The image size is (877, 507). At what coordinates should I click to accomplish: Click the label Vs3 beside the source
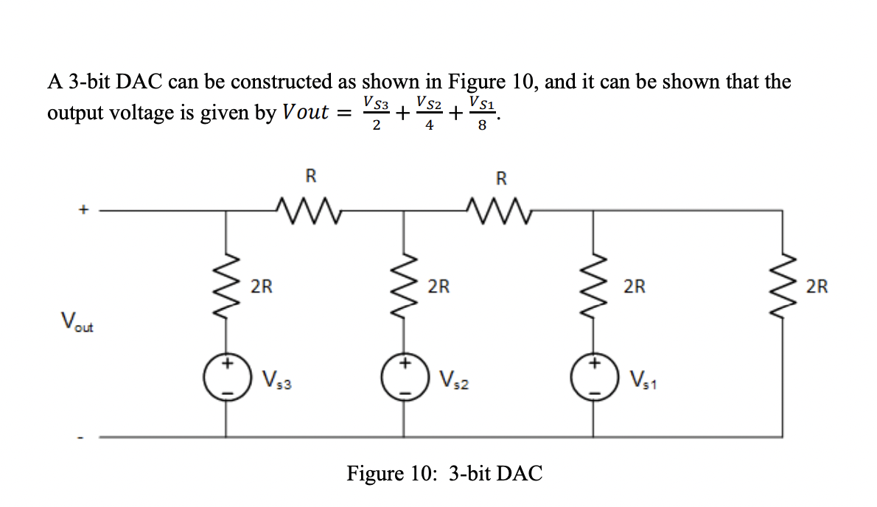coord(277,382)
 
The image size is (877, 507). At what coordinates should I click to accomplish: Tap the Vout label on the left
coord(77,323)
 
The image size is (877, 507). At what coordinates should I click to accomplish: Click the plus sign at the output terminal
coord(84,210)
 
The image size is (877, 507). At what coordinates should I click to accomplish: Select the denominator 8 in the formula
coord(482,126)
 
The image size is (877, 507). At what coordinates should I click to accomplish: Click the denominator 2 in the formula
coord(376,126)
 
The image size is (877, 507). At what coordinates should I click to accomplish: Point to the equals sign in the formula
coord(343,113)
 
